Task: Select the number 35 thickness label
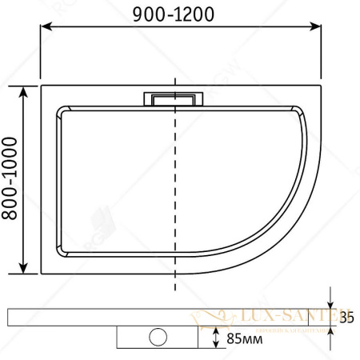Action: point(346,317)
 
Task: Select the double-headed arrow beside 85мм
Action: point(216,339)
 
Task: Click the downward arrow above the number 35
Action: point(330,299)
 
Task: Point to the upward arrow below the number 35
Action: point(330,335)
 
